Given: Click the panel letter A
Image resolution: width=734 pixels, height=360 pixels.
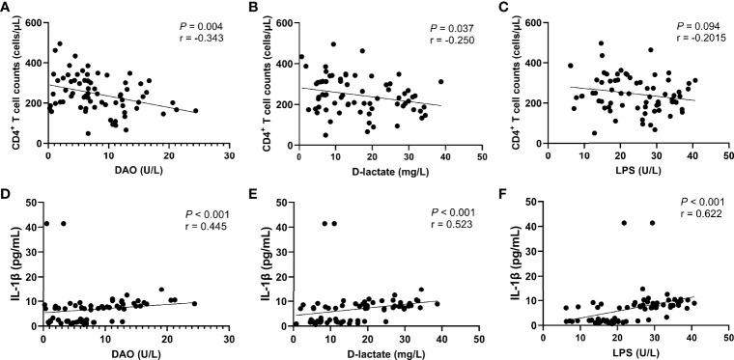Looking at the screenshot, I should click(x=7, y=8).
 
